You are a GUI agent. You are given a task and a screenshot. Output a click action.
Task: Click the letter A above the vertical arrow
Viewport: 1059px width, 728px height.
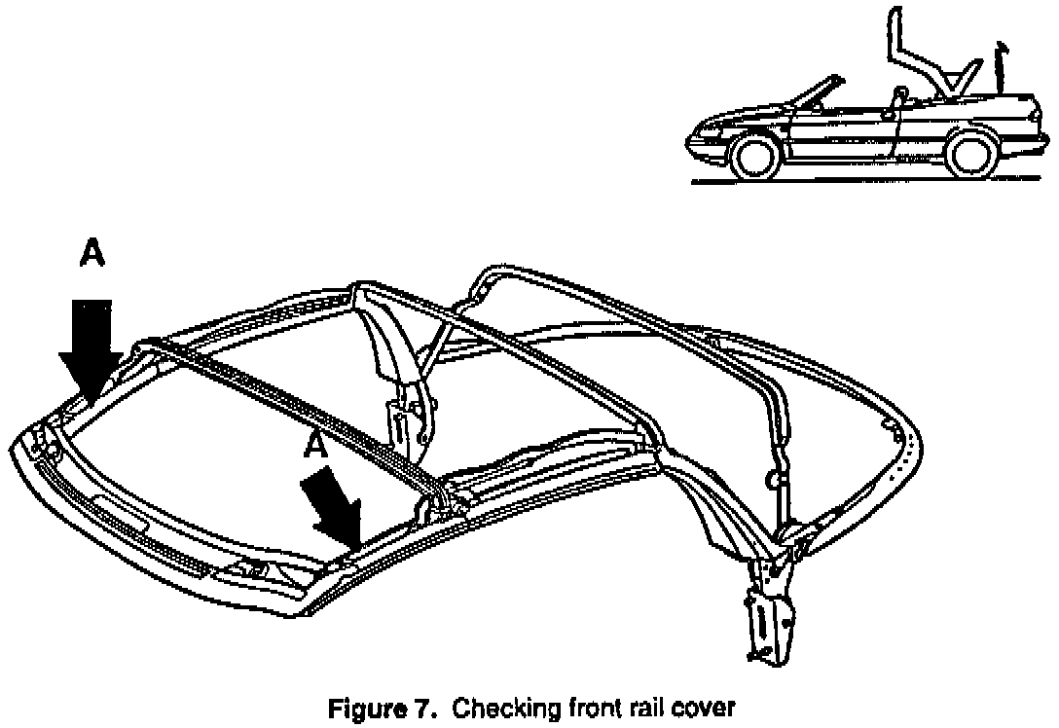(91, 254)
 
